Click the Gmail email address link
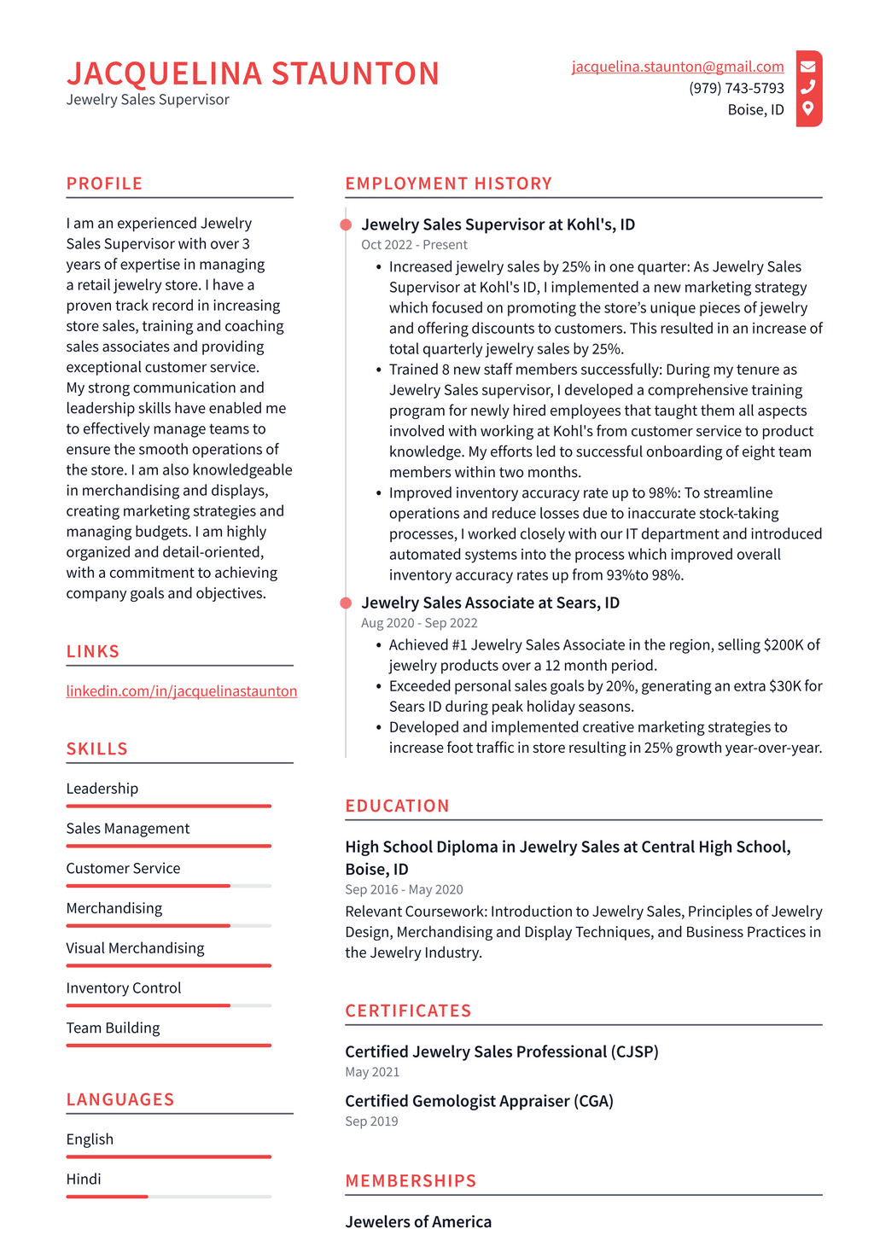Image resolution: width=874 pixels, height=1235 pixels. pos(678,67)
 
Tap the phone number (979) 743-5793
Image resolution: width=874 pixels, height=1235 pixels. pos(736,88)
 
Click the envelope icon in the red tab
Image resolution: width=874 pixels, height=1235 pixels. pos(807,67)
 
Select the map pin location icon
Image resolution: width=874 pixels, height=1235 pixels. pos(807,108)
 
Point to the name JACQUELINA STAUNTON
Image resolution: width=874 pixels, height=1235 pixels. pos(253,74)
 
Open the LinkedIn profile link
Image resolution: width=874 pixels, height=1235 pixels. pos(182,690)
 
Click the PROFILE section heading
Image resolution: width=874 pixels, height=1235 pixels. pos(104,184)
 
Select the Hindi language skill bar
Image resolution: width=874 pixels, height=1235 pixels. pos(168,1197)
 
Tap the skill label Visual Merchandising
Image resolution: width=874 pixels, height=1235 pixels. pos(135,948)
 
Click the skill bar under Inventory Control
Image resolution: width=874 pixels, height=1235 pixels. pos(168,1005)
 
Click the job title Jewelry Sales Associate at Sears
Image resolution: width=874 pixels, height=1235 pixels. pos(490,603)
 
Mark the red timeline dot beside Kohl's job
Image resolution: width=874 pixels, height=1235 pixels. pos(346,224)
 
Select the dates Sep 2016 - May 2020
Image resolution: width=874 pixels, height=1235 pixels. pos(404,889)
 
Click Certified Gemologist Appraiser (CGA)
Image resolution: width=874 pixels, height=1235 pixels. pos(479,1101)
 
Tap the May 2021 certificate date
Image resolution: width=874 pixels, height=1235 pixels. pos(372,1072)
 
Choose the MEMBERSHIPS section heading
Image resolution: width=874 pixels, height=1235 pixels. pos(411,1180)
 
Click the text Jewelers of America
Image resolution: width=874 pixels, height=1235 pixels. pos(418,1221)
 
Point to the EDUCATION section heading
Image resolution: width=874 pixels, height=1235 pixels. pos(397,806)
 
